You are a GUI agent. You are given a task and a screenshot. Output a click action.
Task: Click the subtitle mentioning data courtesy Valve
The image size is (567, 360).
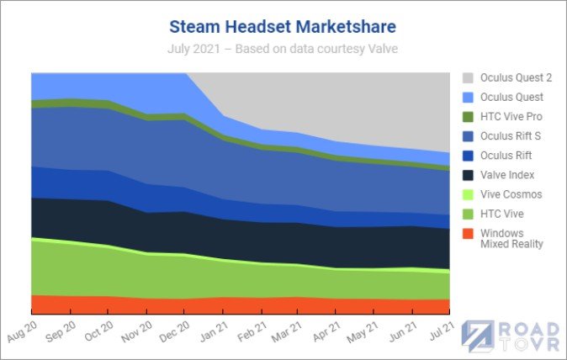(x=283, y=49)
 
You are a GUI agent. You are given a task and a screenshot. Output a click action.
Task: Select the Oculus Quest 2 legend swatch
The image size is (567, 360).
(x=468, y=77)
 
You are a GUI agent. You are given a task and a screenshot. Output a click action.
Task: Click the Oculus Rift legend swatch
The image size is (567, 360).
(x=468, y=156)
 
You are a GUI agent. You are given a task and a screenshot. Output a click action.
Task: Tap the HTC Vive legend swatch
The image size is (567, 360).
(x=468, y=214)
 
